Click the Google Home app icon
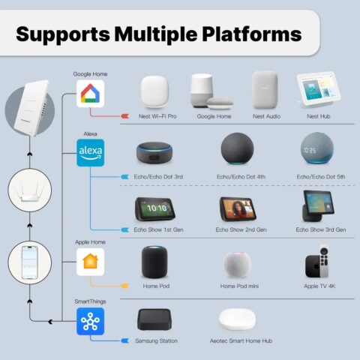(90, 94)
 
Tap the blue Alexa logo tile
(90, 153)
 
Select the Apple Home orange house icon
(90, 262)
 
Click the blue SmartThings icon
(90, 321)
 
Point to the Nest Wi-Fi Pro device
(154, 91)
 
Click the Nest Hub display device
(319, 90)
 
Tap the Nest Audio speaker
(265, 90)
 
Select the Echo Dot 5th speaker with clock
(317, 148)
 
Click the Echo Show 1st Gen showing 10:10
(155, 209)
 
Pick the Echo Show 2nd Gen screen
(238, 209)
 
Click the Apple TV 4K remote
(324, 261)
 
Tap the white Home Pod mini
(237, 265)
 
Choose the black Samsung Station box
(154, 319)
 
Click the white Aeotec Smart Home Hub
(237, 319)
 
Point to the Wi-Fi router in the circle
(30, 191)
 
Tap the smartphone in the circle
(30, 262)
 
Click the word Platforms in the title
(252, 34)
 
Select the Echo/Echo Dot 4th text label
(241, 177)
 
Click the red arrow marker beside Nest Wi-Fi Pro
(124, 116)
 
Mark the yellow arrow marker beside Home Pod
(124, 286)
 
